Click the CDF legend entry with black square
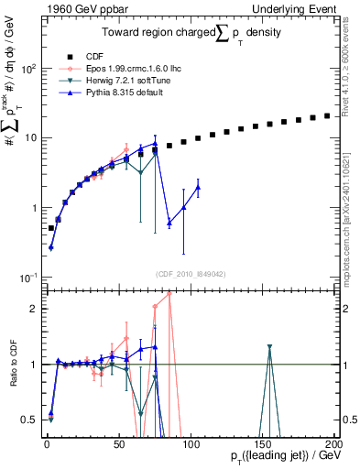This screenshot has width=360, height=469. (80, 55)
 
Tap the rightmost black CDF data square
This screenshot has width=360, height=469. (328, 115)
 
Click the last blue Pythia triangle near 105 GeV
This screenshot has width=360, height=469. (198, 187)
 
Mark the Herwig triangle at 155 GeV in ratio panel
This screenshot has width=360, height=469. (269, 347)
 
